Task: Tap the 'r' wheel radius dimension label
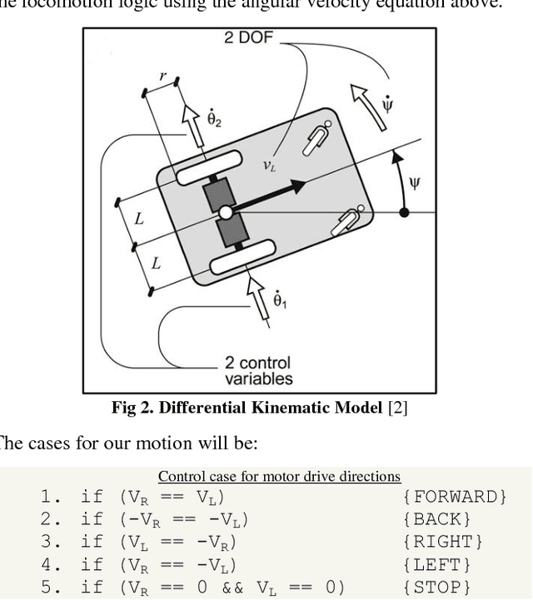tap(162, 77)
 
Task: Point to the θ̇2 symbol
tap(214, 119)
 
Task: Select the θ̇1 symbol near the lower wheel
tap(280, 298)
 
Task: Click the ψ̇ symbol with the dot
tap(387, 105)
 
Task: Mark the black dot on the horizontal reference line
tap(405, 213)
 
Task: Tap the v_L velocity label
tap(269, 166)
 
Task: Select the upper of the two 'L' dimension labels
tap(138, 219)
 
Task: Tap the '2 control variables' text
tap(258, 370)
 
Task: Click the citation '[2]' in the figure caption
tap(396, 408)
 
